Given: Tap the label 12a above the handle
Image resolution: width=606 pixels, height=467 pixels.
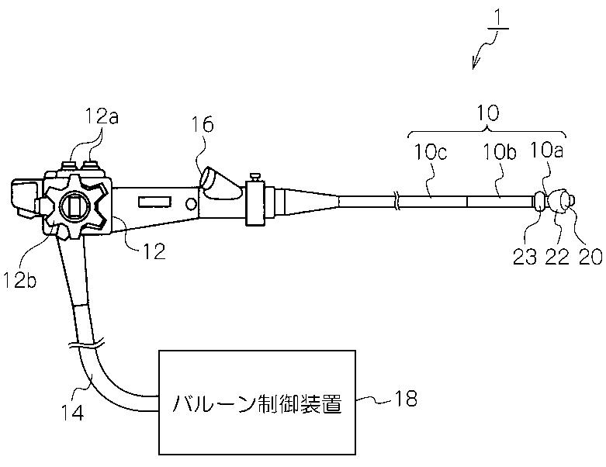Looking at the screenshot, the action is point(101,116).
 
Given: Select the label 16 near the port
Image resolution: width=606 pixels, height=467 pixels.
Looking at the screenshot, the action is point(202,125).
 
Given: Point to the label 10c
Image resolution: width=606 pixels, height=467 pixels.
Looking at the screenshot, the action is point(431,152).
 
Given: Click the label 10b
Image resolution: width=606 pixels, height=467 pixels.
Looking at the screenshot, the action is point(500,153).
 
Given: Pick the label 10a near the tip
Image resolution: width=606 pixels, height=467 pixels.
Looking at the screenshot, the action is point(546,150).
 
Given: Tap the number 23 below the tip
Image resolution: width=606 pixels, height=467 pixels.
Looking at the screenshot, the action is point(525,257).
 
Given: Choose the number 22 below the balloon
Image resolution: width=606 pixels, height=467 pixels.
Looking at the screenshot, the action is point(557,257).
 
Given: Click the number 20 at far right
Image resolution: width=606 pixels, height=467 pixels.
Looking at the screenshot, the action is point(590,257).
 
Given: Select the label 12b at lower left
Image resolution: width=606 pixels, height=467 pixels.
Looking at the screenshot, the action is point(19,280).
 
